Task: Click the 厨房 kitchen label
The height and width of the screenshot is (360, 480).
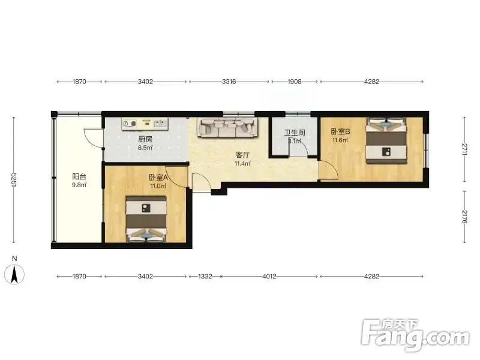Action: coord(145,139)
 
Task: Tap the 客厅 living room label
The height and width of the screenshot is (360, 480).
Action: coord(242,155)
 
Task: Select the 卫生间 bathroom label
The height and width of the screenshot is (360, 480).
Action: coord(295,133)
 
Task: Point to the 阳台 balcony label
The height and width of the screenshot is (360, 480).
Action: coord(79,176)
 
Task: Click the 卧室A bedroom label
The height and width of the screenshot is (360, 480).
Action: coord(158,178)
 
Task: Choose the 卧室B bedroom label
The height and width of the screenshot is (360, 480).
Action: coord(340,131)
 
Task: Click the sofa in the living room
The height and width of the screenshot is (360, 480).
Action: coord(227,128)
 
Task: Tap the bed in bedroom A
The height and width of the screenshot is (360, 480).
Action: coord(146,219)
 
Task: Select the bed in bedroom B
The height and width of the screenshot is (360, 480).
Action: coord(386,140)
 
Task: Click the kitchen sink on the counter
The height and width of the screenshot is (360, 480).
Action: coord(161,124)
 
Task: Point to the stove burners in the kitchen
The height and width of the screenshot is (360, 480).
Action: coord(130,124)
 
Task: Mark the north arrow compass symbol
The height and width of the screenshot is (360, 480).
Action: coord(14,274)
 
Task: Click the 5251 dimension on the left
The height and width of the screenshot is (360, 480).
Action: coord(14,180)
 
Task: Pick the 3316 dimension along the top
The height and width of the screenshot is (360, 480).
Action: coord(229,82)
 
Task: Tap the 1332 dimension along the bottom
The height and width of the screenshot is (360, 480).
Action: coord(205,277)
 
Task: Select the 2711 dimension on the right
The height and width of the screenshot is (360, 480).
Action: coord(464,149)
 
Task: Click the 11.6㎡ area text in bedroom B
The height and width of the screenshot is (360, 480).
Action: coord(340,140)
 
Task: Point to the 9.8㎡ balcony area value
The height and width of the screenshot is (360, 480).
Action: coord(79,185)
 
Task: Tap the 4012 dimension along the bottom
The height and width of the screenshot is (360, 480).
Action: coord(269,277)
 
